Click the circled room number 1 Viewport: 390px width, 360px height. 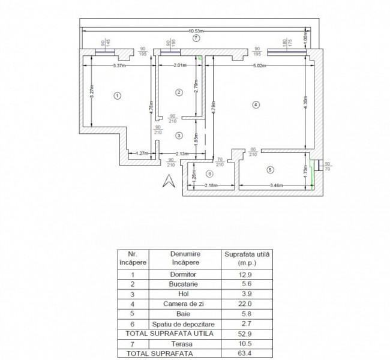pyautogui.click(x=118, y=95)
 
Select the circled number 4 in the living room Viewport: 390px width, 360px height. pyautogui.click(x=256, y=104)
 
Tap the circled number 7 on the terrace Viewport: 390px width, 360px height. pyautogui.click(x=196, y=38)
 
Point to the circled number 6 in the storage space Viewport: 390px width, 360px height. pyautogui.click(x=209, y=173)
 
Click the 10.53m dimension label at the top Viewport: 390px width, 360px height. pyautogui.click(x=196, y=31)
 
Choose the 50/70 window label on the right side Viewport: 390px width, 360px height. pyautogui.click(x=327, y=166)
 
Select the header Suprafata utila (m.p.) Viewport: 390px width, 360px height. pyautogui.click(x=247, y=259)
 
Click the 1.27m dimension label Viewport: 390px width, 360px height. pyautogui.click(x=142, y=152)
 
